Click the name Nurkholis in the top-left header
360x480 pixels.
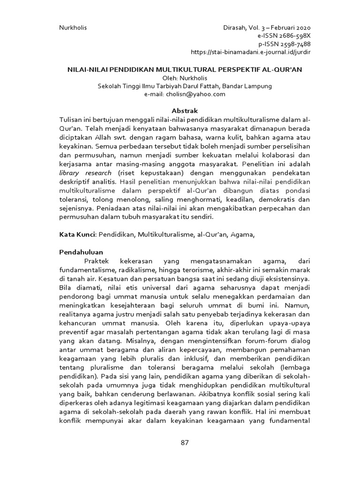[73, 28]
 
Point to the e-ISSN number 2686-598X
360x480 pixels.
[288, 36]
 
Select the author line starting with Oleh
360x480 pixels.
[180, 78]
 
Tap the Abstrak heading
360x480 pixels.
[180, 111]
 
